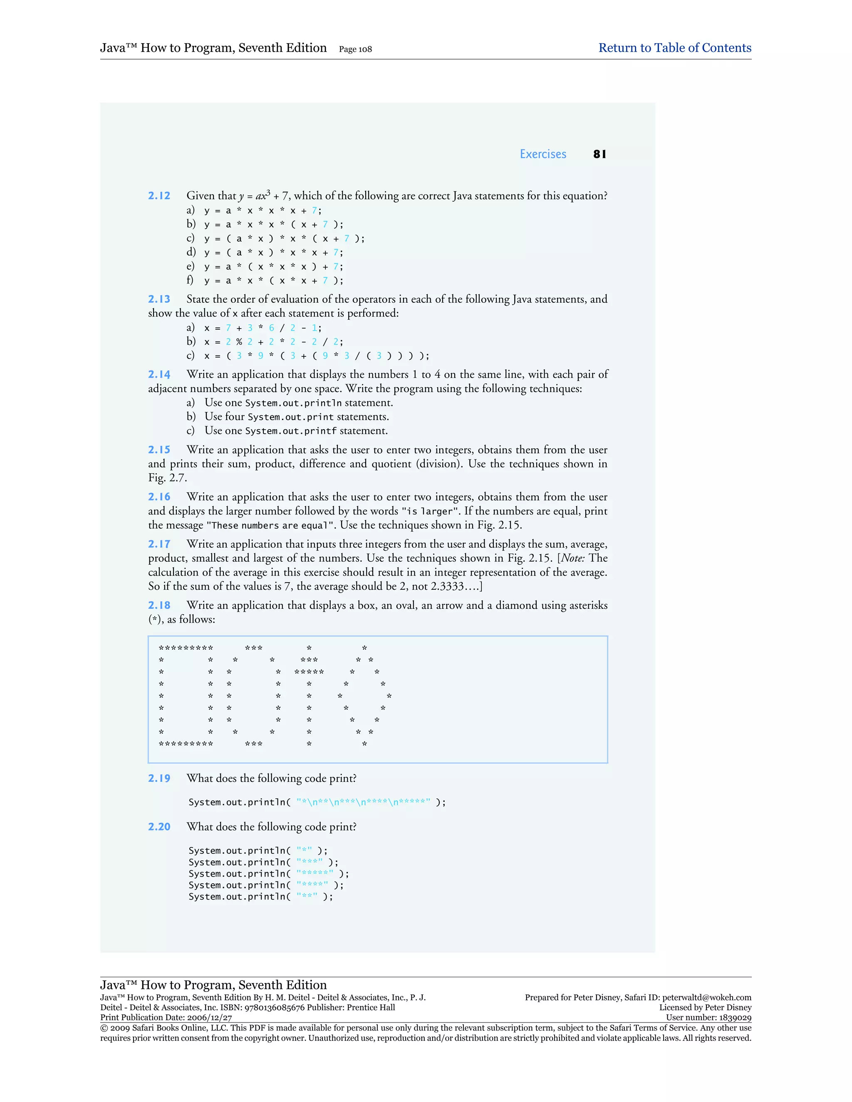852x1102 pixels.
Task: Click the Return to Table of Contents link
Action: coord(674,48)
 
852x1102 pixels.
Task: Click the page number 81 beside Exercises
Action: coord(599,154)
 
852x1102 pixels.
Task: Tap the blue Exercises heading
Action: coord(542,154)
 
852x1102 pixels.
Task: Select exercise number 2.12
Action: coord(159,196)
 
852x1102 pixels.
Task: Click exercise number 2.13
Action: coord(159,299)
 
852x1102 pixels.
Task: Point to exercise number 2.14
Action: coord(159,374)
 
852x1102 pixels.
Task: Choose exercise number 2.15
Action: coord(159,450)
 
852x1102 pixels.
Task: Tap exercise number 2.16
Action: coord(159,497)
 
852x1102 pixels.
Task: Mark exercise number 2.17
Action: coord(159,544)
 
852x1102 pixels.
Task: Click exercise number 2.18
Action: coord(159,605)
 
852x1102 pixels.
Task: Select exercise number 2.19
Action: coord(159,778)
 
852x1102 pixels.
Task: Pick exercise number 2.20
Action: coord(159,827)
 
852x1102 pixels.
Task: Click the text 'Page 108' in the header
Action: coord(355,49)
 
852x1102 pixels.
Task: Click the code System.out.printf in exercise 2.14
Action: coord(291,431)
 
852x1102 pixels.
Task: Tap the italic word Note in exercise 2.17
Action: coord(572,558)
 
